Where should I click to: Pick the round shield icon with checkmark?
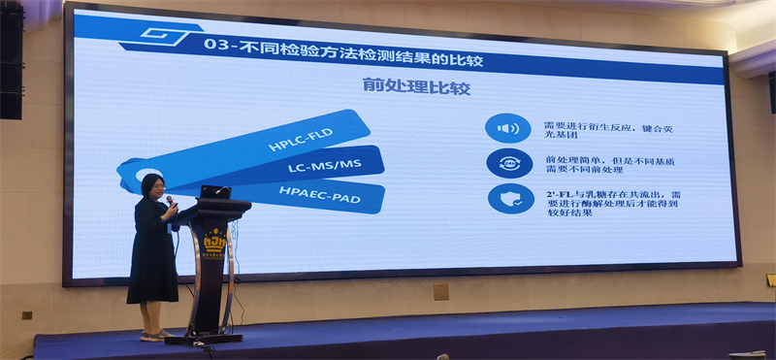(x=508, y=198)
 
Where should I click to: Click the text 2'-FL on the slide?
(x=558, y=192)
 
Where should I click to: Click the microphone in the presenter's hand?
(x=171, y=201)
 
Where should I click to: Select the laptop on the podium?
(x=214, y=191)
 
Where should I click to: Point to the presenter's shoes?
(x=152, y=335)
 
